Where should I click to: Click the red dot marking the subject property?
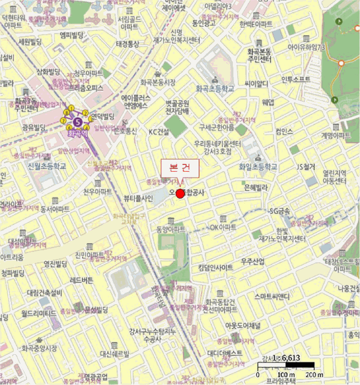click(180, 193)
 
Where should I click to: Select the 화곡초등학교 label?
click(215, 88)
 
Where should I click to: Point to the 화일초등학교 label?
click(258, 167)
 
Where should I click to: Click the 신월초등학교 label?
click(47, 166)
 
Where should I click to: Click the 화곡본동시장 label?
click(158, 82)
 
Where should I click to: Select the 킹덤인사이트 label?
click(214, 267)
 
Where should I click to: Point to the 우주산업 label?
click(253, 261)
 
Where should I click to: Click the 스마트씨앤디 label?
click(272, 296)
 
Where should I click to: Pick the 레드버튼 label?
click(81, 280)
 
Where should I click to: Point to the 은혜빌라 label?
click(255, 187)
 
